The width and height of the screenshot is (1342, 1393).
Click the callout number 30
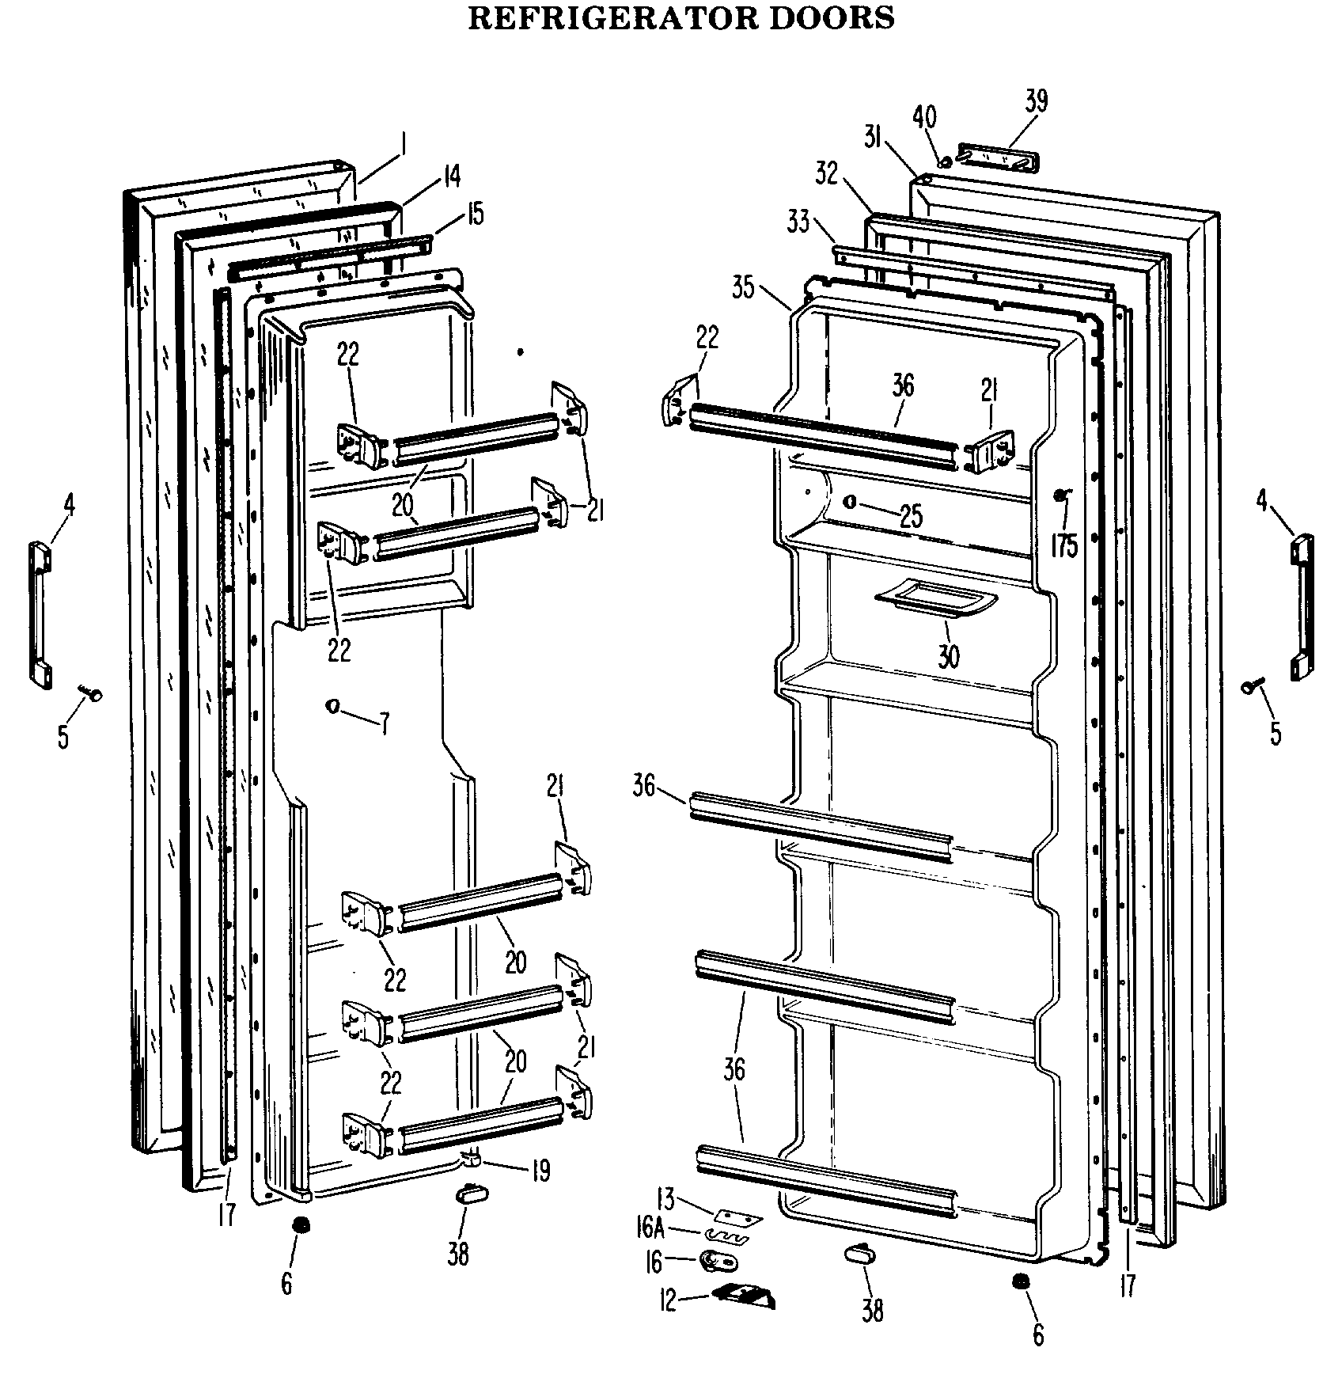pyautogui.click(x=948, y=655)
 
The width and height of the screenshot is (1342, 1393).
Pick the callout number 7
pyautogui.click(x=385, y=723)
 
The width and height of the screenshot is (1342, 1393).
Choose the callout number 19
pyautogui.click(x=540, y=1171)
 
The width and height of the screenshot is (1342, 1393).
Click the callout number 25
pyautogui.click(x=912, y=516)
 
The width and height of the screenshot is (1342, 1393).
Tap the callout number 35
pyautogui.click(x=744, y=288)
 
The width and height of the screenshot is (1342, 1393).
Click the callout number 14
pyautogui.click(x=450, y=176)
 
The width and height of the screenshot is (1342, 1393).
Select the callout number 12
pyautogui.click(x=669, y=1300)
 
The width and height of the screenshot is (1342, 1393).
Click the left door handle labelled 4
pyautogui.click(x=41, y=613)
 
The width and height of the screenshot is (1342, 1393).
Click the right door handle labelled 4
pyautogui.click(x=1302, y=607)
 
